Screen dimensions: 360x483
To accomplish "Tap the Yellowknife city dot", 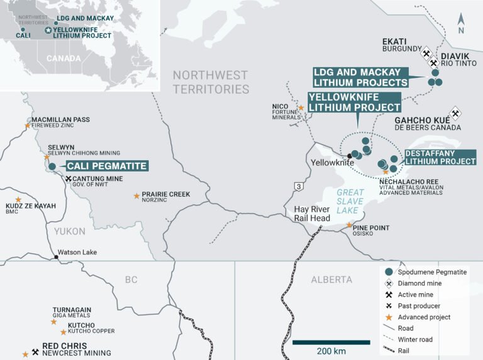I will click(x=349, y=156).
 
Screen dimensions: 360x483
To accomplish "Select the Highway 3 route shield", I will click(x=297, y=185).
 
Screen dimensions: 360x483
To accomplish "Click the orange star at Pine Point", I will click(x=350, y=225).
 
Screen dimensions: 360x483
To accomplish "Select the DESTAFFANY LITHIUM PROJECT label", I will click(x=440, y=157).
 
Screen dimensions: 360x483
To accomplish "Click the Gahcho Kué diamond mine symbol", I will click(x=455, y=112).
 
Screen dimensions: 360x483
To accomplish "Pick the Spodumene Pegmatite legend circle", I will click(x=389, y=271).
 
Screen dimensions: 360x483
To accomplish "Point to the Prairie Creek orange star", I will click(x=136, y=196).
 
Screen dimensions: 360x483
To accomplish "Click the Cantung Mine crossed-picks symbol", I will click(x=69, y=178).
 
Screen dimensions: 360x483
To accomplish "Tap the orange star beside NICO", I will click(x=301, y=108).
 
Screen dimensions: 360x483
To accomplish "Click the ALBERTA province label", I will click(x=332, y=279).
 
